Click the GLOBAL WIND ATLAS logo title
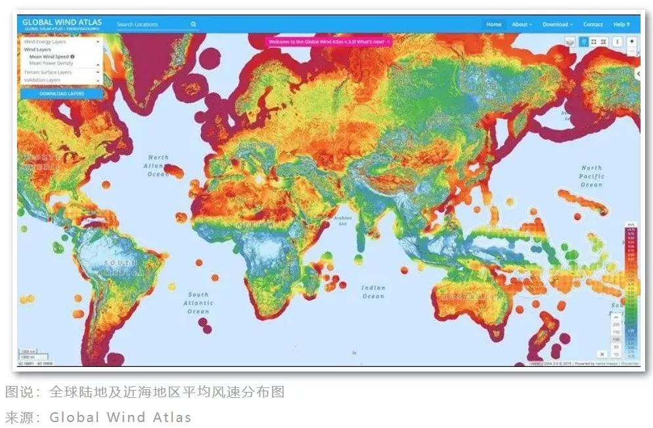(62, 22)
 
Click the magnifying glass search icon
(194, 24)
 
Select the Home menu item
(493, 24)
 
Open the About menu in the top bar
(522, 24)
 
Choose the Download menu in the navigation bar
(557, 24)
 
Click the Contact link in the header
(593, 24)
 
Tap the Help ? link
(621, 24)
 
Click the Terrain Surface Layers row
(48, 72)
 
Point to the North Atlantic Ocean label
(158, 165)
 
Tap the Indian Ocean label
(373, 292)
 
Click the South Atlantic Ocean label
(198, 303)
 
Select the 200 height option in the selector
(616, 324)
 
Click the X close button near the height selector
(602, 354)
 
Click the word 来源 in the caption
(18, 417)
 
